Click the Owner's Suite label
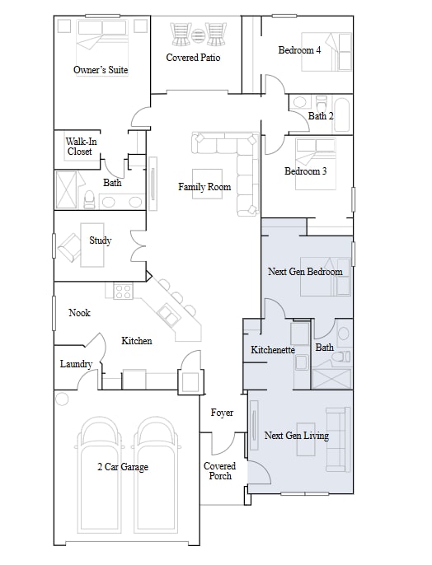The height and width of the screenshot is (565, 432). (101, 70)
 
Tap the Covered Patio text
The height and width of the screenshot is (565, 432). (193, 58)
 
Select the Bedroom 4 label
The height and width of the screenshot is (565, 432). (299, 50)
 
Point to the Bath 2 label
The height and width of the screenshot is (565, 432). (320, 116)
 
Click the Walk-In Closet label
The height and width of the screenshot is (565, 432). (79, 146)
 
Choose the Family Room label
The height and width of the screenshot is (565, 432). (204, 187)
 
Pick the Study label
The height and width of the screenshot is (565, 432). (101, 240)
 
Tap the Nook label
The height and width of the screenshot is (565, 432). (79, 313)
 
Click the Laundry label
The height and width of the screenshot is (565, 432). (76, 364)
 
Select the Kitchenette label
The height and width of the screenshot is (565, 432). (273, 350)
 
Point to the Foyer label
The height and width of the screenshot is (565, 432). (222, 413)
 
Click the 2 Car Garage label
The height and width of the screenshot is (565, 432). (122, 467)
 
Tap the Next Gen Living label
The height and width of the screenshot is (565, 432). (296, 436)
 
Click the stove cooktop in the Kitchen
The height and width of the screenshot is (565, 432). (123, 291)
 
